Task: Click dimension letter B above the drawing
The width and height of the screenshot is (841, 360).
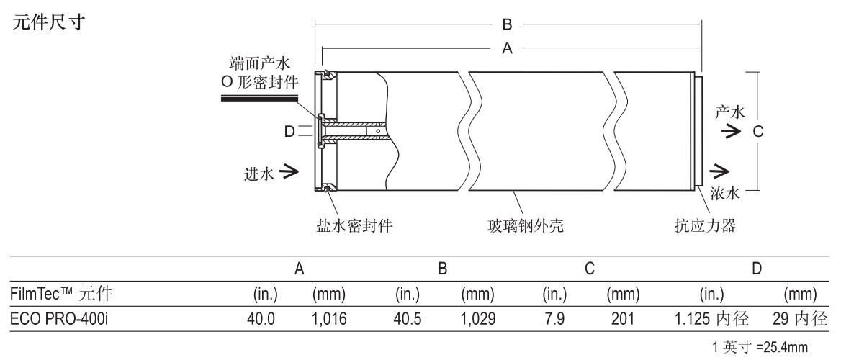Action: [507, 25]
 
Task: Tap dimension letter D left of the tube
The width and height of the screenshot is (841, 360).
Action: [289, 131]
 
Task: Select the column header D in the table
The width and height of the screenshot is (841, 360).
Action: [757, 269]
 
